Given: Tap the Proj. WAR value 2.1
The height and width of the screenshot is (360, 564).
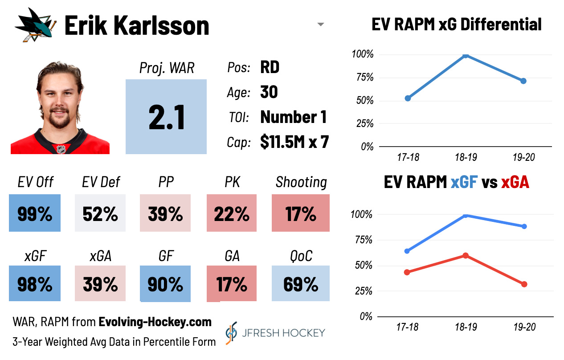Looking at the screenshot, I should click(166, 117).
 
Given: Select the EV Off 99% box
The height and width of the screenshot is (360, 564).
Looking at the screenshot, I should click(35, 213).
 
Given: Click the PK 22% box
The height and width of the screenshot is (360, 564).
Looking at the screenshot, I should click(232, 213).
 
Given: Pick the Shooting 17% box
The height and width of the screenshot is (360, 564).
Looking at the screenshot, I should click(301, 213).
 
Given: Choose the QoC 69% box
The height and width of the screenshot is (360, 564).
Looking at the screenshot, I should click(301, 284).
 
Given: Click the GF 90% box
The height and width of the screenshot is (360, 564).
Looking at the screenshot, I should click(165, 284).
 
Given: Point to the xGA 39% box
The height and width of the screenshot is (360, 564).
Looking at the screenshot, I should click(100, 284).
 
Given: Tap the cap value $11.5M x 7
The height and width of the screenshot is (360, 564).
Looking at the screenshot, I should click(294, 142).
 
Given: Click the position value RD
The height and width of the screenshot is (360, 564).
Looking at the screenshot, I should click(270, 67).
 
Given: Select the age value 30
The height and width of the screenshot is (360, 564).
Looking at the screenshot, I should click(269, 92).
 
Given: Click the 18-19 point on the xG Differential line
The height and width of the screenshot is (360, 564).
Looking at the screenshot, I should click(466, 55).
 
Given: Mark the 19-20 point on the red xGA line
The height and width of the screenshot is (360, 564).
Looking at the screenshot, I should click(524, 284).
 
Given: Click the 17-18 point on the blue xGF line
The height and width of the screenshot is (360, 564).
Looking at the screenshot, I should click(407, 251).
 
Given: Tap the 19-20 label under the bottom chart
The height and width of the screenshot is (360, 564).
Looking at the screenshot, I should click(524, 327).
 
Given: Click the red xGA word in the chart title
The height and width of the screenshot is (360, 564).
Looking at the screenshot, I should click(515, 182).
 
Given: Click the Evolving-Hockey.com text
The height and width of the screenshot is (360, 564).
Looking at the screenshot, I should click(155, 322).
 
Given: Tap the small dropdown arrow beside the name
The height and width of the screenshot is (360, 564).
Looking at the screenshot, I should click(320, 25).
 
